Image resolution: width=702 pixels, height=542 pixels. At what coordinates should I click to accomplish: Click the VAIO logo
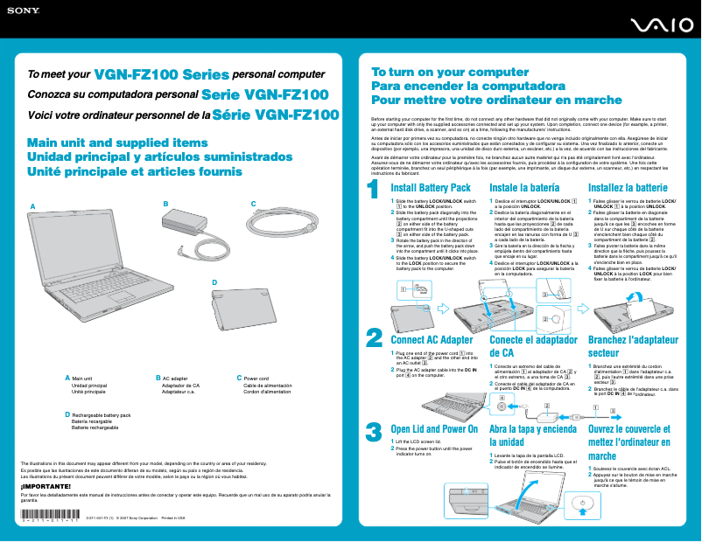661,29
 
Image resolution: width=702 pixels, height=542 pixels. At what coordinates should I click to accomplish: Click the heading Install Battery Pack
431,188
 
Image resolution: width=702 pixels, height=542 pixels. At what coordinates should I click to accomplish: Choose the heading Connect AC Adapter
432,340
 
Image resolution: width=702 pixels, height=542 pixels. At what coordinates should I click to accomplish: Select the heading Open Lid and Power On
434,429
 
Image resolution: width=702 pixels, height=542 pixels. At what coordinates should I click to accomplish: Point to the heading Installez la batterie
628,188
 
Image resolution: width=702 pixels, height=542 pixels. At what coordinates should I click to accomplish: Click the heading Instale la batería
525,188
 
